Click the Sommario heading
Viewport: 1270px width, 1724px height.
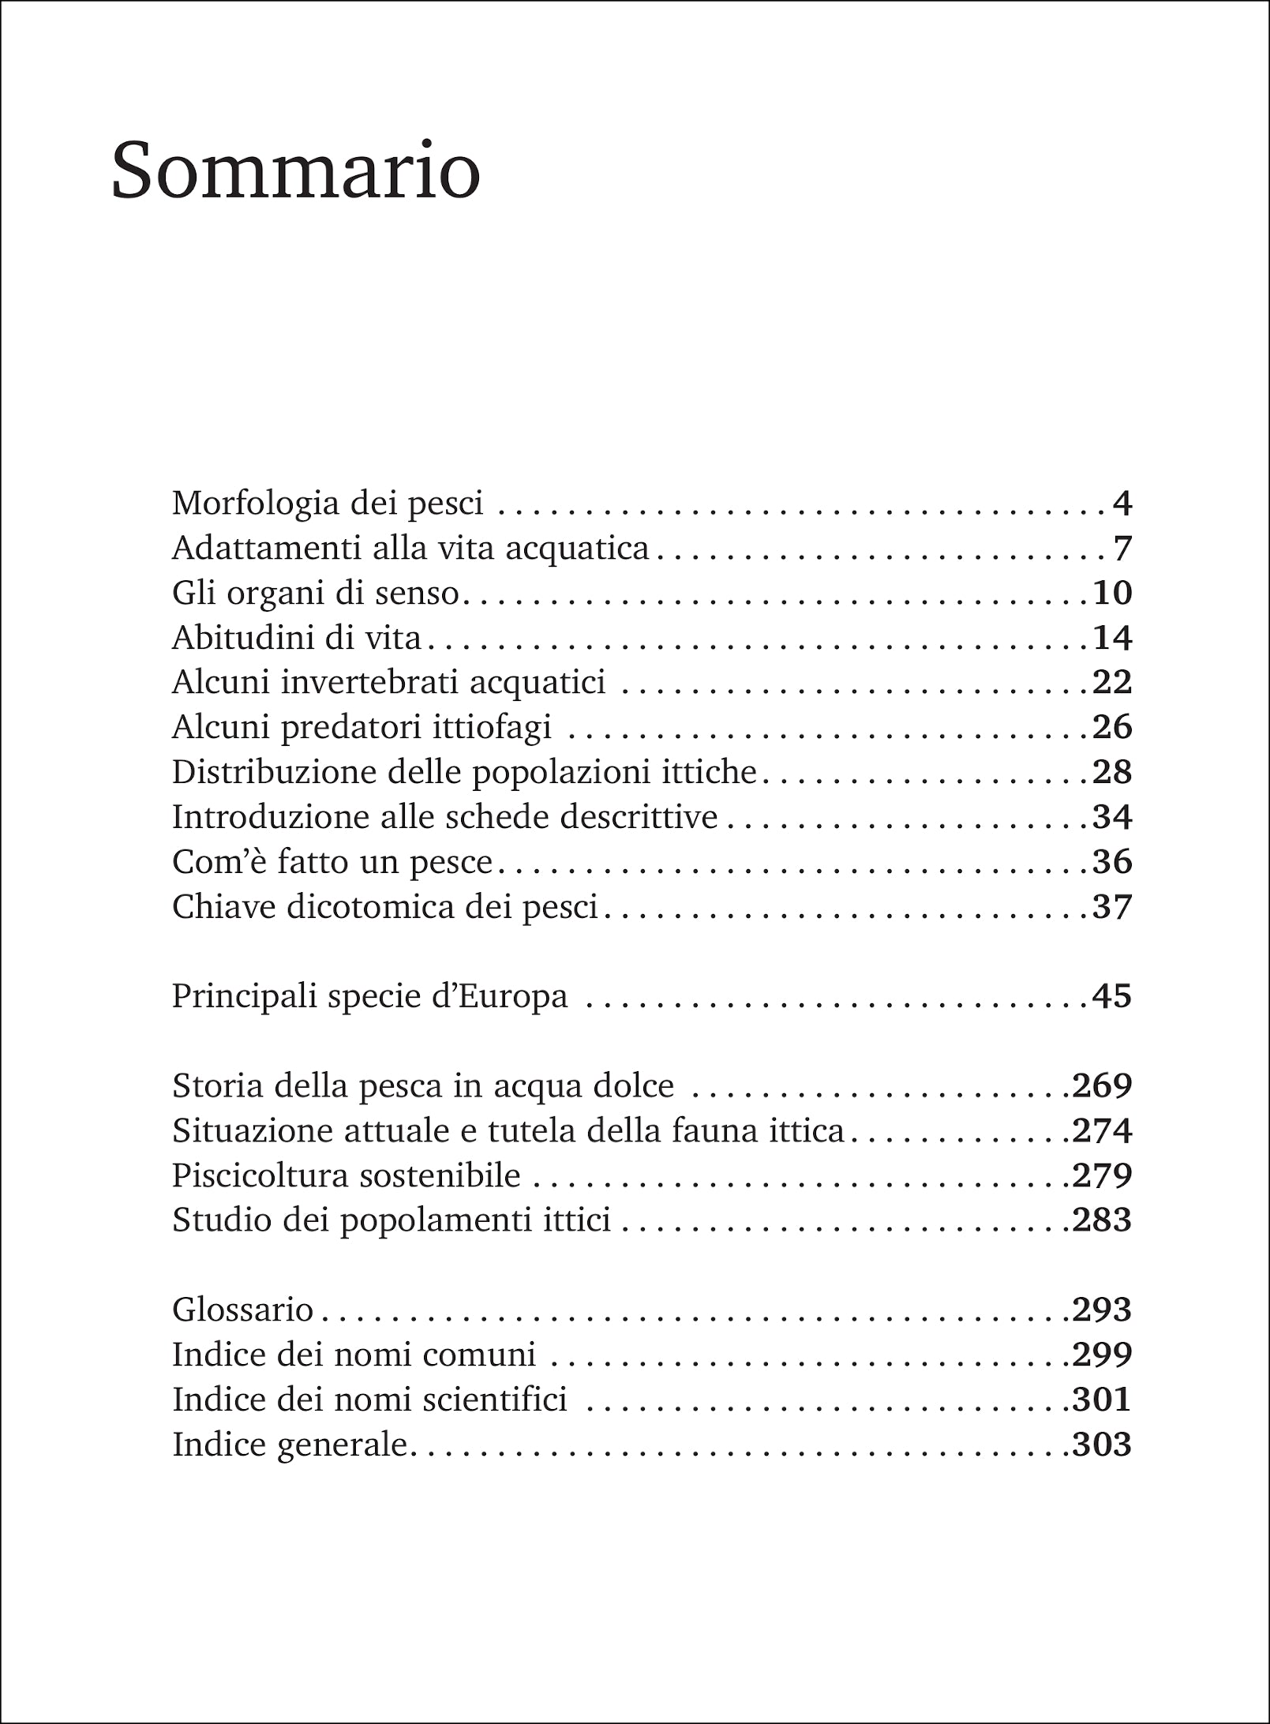(x=296, y=171)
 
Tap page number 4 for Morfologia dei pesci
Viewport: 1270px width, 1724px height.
(x=1122, y=503)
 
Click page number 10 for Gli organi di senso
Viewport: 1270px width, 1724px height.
(x=1112, y=593)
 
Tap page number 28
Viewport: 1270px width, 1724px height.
(x=1112, y=772)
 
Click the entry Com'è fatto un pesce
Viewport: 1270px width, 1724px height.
(x=332, y=862)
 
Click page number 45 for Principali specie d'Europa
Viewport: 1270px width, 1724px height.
(x=1112, y=996)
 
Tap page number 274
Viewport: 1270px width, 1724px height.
(x=1102, y=1131)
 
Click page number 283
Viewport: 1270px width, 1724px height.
(x=1102, y=1220)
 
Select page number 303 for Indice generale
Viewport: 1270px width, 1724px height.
(x=1102, y=1445)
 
